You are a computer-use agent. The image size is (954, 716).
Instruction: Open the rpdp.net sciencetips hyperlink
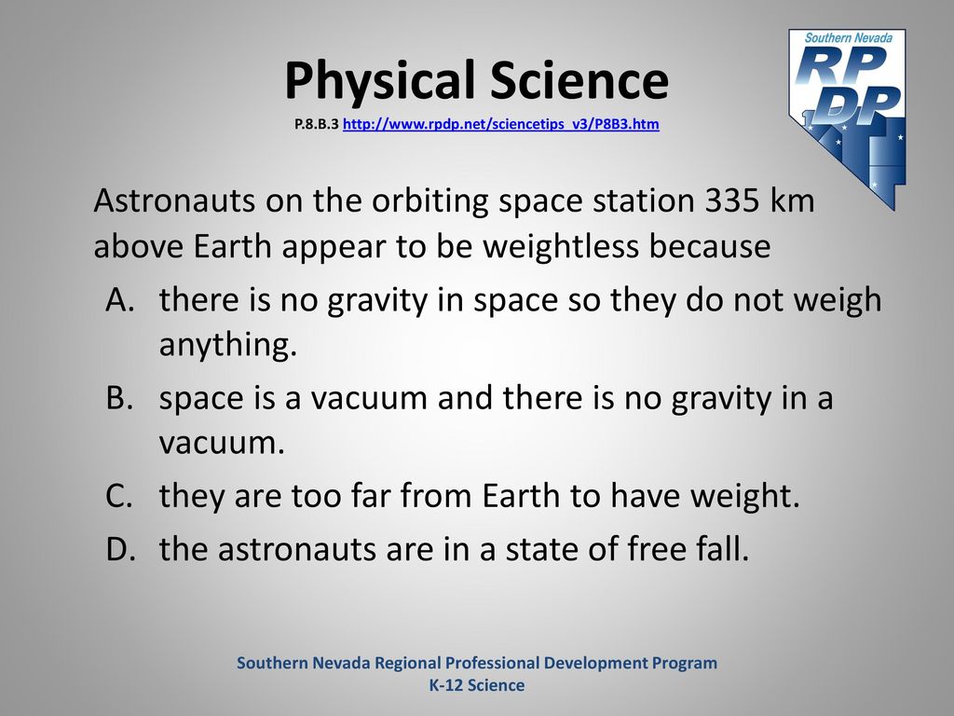click(500, 124)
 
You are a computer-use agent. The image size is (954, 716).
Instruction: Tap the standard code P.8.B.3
click(317, 124)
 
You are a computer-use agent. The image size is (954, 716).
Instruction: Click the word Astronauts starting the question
click(174, 200)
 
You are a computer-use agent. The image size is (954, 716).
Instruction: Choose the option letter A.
click(120, 299)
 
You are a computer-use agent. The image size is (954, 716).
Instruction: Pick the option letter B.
click(119, 397)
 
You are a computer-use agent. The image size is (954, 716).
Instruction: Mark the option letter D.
click(120, 548)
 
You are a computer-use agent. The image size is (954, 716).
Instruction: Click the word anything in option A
click(228, 345)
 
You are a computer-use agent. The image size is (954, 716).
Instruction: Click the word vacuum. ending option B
click(222, 444)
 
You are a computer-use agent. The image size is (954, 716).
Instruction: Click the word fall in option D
click(722, 548)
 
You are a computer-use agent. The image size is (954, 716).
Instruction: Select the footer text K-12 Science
click(477, 685)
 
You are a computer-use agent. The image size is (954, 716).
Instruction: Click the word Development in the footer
click(595, 663)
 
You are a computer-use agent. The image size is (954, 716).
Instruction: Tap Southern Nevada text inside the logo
click(849, 37)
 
